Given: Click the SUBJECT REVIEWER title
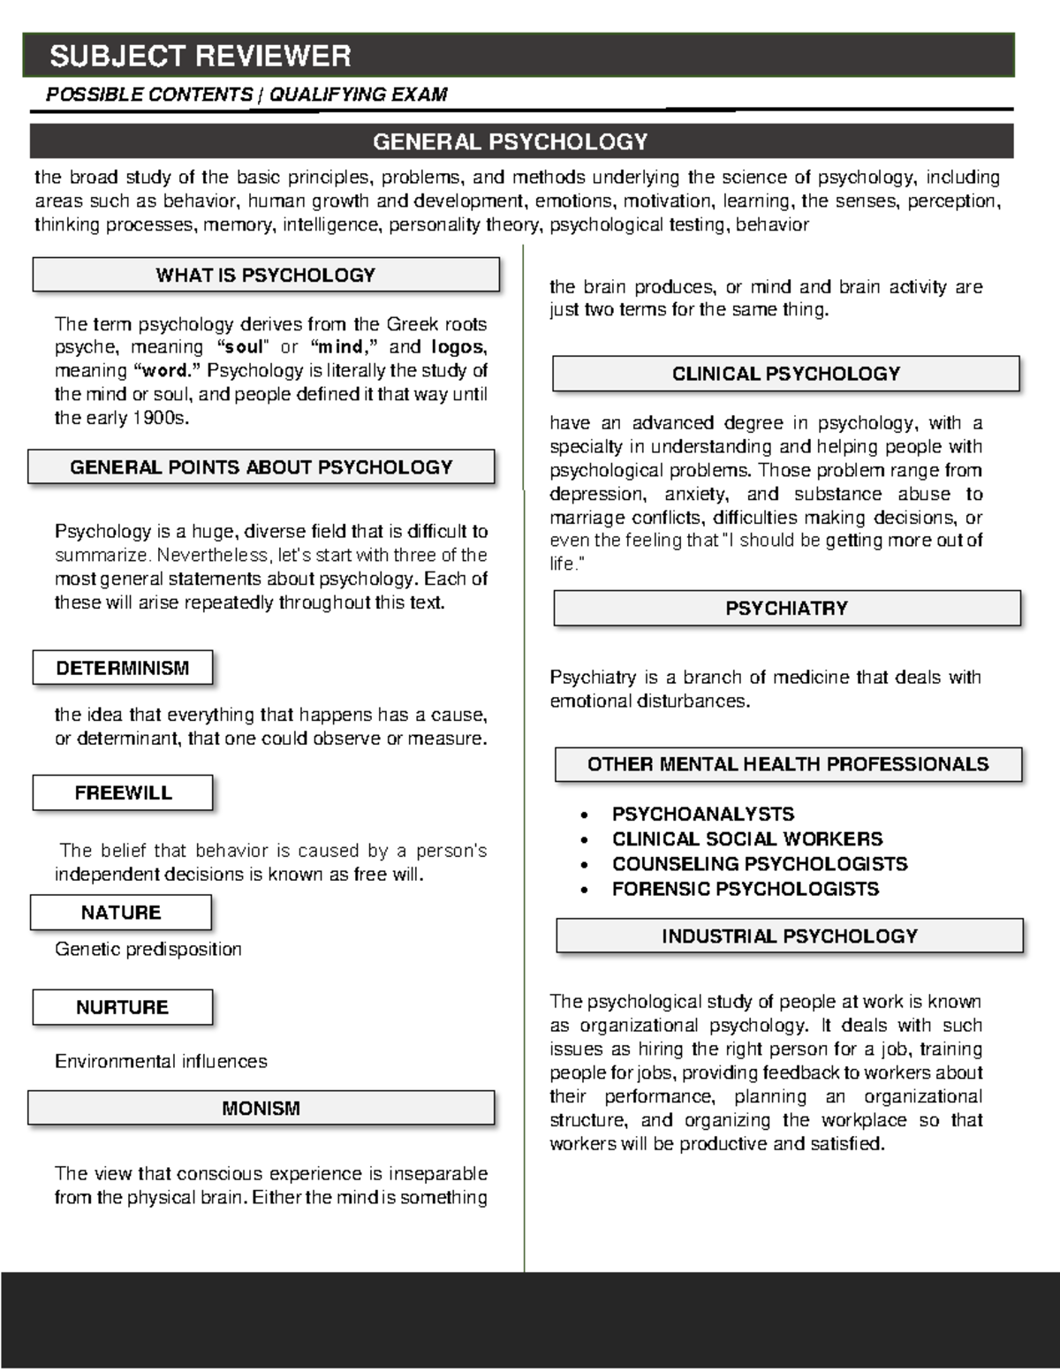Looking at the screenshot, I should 201,57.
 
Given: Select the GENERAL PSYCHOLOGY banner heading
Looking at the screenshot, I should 511,141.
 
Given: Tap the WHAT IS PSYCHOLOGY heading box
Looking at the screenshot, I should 266,275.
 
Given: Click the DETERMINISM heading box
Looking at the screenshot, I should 123,668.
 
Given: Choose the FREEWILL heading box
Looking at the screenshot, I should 123,792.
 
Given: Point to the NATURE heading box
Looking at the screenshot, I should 121,913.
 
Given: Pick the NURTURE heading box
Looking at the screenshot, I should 122,1007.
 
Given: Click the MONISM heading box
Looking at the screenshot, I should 261,1108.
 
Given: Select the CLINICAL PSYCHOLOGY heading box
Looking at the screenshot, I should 785,374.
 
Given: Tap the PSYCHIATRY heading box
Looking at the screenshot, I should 786,608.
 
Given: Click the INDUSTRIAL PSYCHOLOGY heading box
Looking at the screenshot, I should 790,936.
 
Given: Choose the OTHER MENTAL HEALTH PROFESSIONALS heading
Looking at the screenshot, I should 788,764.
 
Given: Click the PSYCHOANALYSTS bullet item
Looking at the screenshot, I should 703,814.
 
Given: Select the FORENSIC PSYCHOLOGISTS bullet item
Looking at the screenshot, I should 746,889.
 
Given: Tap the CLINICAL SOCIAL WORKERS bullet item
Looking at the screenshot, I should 747,838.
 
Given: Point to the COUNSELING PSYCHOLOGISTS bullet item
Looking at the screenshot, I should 760,863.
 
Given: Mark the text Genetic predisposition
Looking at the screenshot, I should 148,949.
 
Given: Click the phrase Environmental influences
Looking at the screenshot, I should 161,1061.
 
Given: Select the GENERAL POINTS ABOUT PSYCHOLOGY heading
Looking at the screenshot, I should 261,467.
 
